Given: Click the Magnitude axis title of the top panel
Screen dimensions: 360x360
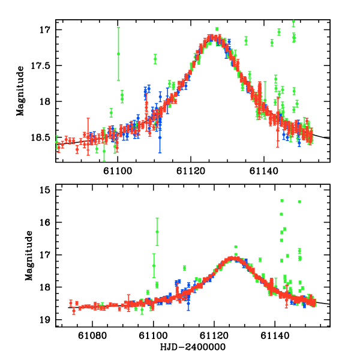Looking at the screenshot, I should point(20,92).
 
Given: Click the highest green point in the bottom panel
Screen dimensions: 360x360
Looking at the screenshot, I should point(282,200).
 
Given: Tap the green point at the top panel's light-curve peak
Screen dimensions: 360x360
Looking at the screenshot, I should point(217,29).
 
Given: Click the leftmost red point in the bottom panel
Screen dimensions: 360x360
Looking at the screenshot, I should point(71,302).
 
